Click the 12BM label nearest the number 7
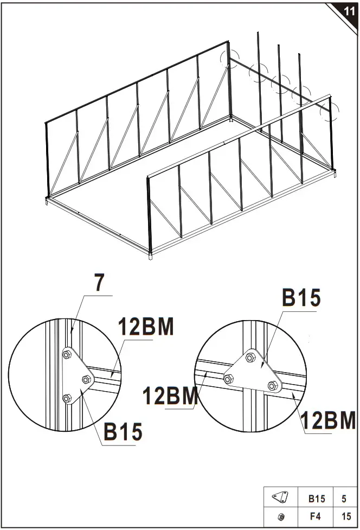146,328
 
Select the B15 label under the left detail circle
123,432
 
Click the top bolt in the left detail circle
67,355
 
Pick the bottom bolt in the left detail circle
66,399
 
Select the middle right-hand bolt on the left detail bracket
86,378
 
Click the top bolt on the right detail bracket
250,357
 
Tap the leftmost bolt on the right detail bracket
229,379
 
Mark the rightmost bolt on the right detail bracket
273,386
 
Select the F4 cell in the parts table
317,516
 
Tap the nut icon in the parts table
280,516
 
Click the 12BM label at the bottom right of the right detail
328,421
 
